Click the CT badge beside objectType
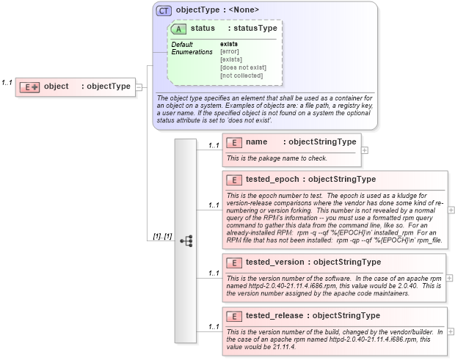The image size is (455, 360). coord(164,10)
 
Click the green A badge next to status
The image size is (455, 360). coord(178,29)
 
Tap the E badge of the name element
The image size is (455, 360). coord(233,142)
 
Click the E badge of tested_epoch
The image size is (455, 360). coord(233,179)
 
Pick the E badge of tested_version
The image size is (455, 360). coord(233,262)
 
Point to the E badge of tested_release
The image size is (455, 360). coord(233,316)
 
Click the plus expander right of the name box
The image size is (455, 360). coord(365,150)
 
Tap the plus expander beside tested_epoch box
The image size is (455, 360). coord(451,210)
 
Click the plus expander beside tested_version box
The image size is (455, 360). coord(449,279)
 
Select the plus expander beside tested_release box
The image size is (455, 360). coord(451,332)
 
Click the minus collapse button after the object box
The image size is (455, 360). coord(138,87)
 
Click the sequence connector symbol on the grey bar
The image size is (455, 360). coord(186,240)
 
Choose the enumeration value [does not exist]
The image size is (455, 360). coord(243,67)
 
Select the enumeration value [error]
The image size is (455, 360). coord(230,51)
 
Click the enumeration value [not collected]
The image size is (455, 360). coord(241,76)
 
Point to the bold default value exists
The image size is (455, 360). coord(229,44)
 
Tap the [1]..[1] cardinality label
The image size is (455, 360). coord(161,236)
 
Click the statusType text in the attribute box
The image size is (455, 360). coord(252,28)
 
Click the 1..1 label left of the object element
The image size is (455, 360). coord(7,82)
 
